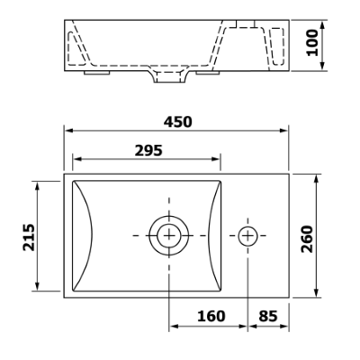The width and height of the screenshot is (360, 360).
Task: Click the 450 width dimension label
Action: point(177,121)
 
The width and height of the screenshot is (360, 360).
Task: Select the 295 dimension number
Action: point(148,150)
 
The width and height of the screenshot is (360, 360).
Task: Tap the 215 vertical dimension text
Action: point(29,237)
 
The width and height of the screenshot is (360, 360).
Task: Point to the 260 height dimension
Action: point(307,239)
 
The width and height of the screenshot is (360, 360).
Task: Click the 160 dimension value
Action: point(211,316)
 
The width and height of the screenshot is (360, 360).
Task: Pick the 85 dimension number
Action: point(268,316)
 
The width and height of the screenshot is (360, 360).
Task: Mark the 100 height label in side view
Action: point(312,42)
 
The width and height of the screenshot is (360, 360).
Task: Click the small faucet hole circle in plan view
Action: point(248,236)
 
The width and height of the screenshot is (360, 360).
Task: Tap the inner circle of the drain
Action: point(169,236)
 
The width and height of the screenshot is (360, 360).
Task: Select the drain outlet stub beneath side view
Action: point(169,77)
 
